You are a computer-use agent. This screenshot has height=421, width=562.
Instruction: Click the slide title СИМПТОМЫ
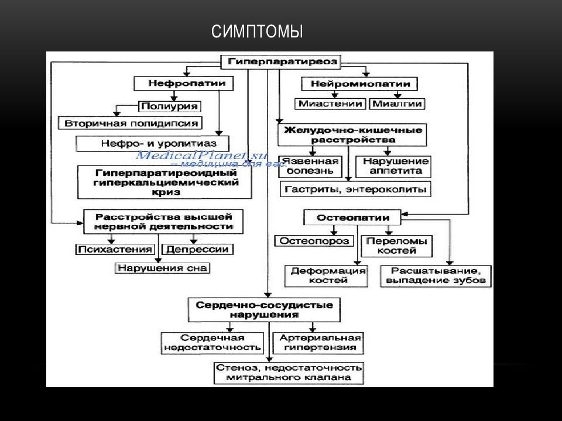pos(257,32)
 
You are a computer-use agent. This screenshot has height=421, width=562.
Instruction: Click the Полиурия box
pos(169,106)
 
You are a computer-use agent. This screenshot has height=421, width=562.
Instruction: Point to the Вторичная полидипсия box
pos(130,123)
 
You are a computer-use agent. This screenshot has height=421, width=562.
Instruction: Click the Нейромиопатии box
pos(363,84)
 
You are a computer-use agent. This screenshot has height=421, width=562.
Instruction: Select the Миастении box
pos(331,103)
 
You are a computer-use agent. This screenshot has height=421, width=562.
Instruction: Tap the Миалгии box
pos(397,103)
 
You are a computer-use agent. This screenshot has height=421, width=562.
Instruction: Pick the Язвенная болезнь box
pos(310,166)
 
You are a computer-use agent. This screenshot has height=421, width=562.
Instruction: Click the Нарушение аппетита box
pos(395,166)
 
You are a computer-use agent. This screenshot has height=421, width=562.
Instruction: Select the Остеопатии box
pos(352,218)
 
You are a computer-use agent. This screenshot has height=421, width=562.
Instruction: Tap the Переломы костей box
pos(396,246)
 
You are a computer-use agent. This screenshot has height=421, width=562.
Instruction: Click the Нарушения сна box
pos(162,268)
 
